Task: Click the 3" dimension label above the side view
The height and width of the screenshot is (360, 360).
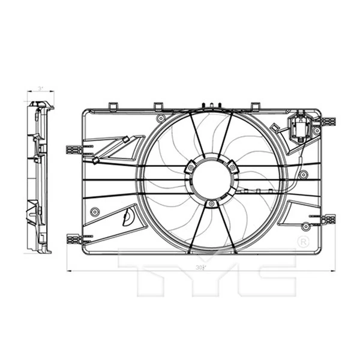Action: (40, 88)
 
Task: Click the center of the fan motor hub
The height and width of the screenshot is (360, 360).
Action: (211, 179)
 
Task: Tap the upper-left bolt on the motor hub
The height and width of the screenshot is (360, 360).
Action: (190, 168)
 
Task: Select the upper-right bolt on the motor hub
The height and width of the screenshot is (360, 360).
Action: (232, 168)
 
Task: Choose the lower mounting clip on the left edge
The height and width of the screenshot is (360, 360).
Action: (73, 238)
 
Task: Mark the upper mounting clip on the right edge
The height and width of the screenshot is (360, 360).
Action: (328, 122)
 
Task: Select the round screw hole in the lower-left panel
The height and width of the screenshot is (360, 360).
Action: (94, 212)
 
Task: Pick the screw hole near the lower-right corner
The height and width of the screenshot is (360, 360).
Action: (306, 226)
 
